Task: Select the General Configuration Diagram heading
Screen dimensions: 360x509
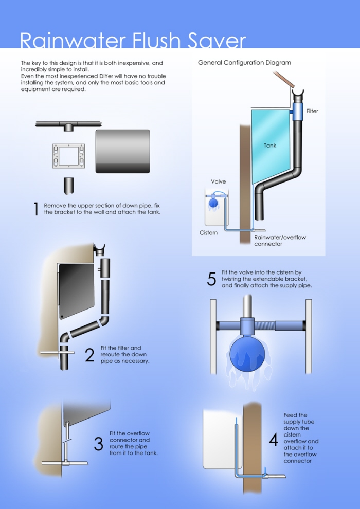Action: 244,63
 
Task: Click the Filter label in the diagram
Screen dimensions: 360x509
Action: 312,111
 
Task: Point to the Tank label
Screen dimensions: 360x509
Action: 270,146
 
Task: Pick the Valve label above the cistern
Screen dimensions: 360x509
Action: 218,181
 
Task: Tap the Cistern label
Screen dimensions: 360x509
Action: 208,233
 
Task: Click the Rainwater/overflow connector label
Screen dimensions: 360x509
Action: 280,241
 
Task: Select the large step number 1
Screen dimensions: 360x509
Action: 37,209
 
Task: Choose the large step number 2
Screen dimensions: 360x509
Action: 89,355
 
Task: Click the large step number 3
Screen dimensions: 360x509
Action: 98,444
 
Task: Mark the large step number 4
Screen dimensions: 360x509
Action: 274,440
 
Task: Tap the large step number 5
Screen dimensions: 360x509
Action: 211,279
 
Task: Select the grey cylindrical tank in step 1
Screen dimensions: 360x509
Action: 123,151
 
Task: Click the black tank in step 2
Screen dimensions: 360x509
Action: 77,290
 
